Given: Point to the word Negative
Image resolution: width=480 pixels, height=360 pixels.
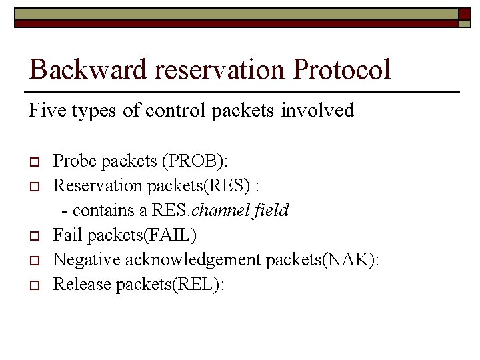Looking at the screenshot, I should tap(81, 260).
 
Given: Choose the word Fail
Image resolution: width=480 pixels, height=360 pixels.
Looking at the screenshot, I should tap(65, 235).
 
